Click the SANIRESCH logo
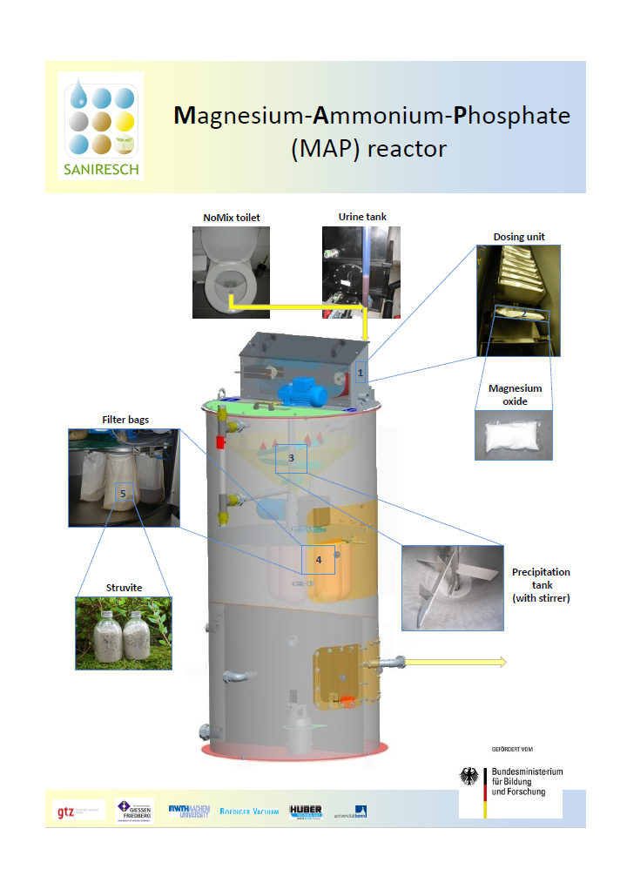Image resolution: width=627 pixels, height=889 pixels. (x=100, y=125)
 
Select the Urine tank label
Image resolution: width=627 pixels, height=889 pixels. (x=361, y=216)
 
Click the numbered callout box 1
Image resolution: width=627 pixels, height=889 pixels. (x=361, y=372)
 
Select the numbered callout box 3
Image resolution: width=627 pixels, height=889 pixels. (x=292, y=458)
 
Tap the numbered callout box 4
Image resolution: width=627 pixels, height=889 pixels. (x=319, y=560)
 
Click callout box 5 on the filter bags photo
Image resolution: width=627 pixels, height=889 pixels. (x=123, y=494)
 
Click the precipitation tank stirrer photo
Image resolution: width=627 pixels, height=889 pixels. (x=453, y=587)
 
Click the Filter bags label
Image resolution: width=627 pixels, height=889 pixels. (x=125, y=420)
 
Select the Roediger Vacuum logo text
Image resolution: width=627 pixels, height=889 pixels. (x=249, y=812)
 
